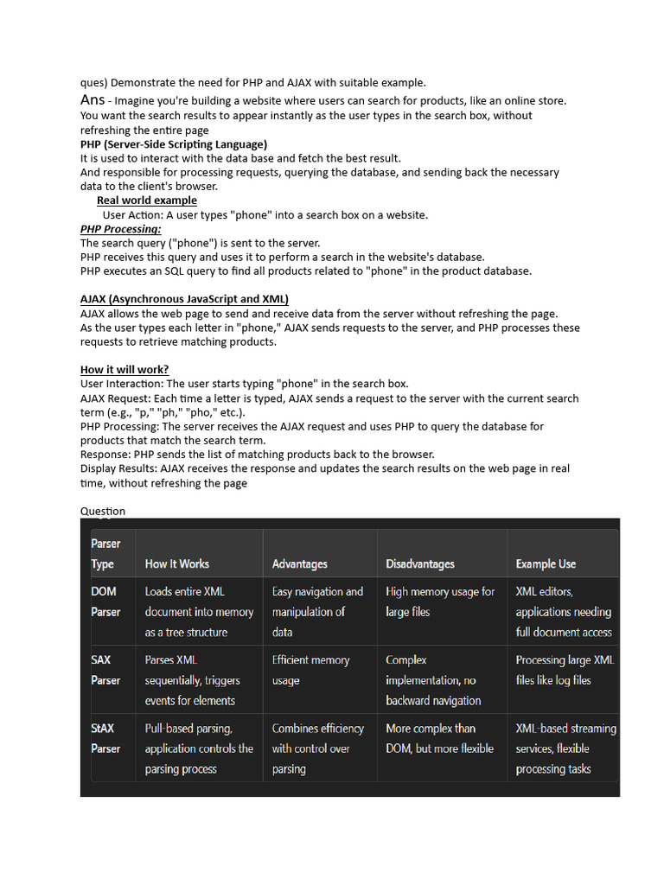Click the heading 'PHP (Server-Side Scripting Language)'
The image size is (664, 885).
174,144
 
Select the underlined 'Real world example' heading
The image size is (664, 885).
146,201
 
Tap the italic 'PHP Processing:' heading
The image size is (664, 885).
120,229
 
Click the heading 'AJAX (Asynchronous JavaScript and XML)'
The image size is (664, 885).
184,300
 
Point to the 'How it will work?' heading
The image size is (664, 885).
124,370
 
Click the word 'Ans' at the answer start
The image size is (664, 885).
93,100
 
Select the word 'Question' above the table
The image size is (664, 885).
103,511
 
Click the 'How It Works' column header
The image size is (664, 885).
176,563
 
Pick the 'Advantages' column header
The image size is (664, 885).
299,563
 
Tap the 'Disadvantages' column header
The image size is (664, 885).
419,563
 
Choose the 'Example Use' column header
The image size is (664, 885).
546,563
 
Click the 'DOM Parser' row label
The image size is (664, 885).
105,602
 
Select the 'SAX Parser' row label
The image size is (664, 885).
105,670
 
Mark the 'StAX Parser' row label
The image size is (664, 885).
105,738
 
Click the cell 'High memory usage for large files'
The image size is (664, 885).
440,602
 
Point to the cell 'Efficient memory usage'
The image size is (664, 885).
310,670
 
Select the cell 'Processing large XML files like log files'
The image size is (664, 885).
565,670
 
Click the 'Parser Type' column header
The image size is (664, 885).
105,553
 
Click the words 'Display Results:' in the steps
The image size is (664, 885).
119,468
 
